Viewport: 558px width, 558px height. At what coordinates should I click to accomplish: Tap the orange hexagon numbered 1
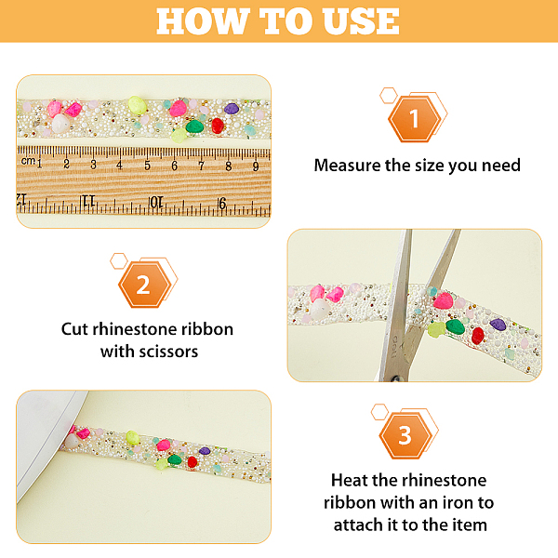[414, 119]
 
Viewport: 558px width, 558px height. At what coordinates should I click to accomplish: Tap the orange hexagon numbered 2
[144, 285]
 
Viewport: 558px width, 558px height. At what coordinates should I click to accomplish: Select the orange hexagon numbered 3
[405, 435]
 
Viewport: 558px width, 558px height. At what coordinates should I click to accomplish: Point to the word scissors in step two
[168, 352]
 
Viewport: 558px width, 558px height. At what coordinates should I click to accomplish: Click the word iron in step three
[458, 503]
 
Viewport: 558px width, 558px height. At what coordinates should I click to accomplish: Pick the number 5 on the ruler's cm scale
[147, 166]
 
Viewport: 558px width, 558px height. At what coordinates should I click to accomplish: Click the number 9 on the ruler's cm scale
[256, 166]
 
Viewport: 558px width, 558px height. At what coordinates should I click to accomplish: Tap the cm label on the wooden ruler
[28, 161]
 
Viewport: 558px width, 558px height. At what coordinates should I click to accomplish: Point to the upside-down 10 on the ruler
[156, 203]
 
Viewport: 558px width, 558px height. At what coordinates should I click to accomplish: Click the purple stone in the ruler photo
[232, 109]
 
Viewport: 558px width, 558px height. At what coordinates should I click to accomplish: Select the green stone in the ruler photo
[194, 126]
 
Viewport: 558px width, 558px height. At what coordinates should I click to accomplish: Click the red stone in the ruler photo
[218, 126]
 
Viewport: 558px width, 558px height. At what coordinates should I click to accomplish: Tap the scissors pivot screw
[396, 379]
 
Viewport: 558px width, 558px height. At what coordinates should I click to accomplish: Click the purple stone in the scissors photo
[498, 325]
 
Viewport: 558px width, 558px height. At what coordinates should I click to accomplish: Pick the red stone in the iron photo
[193, 461]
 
